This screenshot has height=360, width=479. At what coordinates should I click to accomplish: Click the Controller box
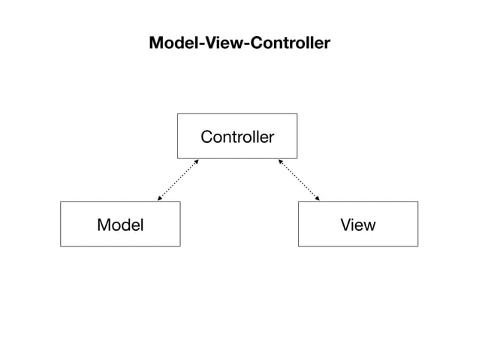coord(236,136)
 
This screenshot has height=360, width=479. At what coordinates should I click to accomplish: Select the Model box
coord(120,224)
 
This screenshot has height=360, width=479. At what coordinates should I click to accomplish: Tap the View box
coord(357,224)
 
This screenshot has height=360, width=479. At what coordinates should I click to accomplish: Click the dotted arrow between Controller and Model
coord(178,180)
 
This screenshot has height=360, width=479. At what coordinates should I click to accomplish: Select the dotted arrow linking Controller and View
coord(299,180)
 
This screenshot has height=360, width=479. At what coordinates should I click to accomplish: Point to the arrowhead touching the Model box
coord(159,199)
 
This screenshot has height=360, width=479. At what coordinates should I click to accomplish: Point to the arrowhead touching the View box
coord(318,199)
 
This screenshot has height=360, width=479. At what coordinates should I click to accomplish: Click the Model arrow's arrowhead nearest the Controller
coord(197,161)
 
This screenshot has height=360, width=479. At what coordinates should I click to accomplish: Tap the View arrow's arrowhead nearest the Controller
coord(280,161)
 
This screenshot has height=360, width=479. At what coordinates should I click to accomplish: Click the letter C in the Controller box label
coord(206,137)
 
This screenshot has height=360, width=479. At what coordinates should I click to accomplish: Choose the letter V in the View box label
coord(345,224)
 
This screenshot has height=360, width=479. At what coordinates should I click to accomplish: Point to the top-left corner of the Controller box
coord(177,113)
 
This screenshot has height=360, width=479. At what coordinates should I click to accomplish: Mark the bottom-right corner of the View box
coord(417,246)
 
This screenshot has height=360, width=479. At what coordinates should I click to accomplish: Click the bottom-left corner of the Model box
coord(61,246)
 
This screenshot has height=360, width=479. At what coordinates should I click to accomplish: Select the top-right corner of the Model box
coord(180,201)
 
